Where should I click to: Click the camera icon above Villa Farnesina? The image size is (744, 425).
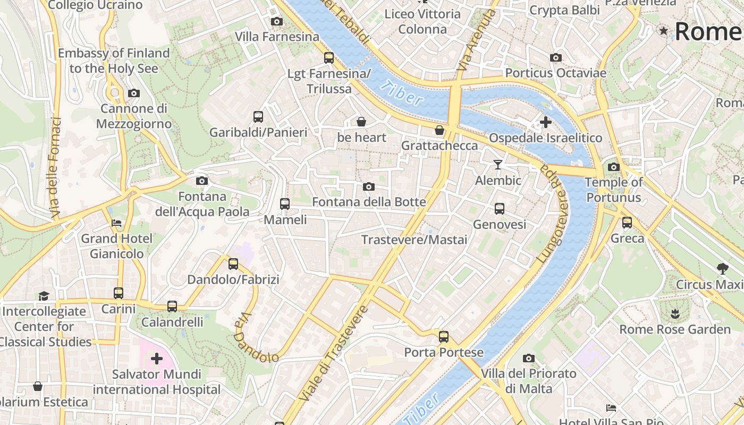click(276, 22)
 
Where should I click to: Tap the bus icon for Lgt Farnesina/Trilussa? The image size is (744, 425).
click(329, 58)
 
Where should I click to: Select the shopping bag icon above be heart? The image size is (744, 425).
click(361, 122)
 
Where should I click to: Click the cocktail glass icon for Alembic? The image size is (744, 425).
click(497, 165)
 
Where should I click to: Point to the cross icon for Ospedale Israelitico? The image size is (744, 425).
click(545, 123)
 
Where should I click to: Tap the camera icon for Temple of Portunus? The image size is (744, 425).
click(613, 167)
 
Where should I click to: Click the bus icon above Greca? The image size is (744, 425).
click(627, 223)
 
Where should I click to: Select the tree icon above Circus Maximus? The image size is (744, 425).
click(722, 269)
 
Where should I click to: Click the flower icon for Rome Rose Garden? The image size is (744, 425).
click(675, 313)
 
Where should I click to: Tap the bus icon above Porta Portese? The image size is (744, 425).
click(443, 337)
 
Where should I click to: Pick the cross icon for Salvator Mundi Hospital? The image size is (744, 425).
click(156, 359)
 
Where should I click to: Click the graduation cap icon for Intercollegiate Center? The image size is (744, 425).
click(44, 296)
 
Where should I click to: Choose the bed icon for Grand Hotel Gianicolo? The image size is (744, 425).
click(116, 223)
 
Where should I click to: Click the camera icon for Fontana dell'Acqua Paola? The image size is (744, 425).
click(201, 181)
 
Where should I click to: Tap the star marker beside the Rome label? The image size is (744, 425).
click(663, 31)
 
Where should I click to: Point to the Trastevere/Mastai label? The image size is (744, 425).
click(414, 240)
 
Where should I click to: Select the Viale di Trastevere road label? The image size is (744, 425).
click(334, 353)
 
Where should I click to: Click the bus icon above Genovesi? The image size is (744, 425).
click(499, 209)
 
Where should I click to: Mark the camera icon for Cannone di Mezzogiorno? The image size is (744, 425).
click(133, 93)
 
